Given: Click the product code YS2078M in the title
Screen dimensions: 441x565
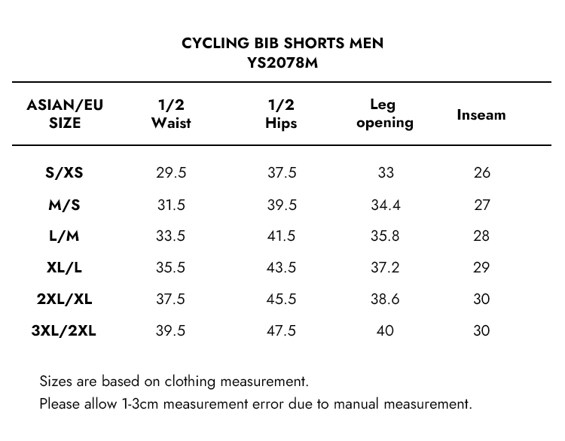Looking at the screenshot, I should pyautogui.click(x=282, y=62).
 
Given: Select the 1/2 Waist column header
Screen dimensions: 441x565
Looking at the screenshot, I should pyautogui.click(x=171, y=114).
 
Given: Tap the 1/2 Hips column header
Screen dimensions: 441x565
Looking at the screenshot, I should pyautogui.click(x=281, y=114).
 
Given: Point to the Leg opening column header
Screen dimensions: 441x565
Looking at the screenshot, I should pyautogui.click(x=384, y=114).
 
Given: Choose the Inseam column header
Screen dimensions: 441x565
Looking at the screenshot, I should pyautogui.click(x=481, y=115).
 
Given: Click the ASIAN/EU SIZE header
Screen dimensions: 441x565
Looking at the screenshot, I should pyautogui.click(x=65, y=114).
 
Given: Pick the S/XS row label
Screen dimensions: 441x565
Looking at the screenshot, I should pyautogui.click(x=64, y=173).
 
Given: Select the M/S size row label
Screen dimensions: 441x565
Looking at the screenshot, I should pyautogui.click(x=64, y=205).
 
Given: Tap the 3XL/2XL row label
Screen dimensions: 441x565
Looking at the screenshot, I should pyautogui.click(x=64, y=330).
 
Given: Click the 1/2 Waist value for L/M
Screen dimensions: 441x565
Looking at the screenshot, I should pyautogui.click(x=171, y=236).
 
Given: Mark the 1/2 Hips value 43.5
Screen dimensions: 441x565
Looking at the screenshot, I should pyautogui.click(x=282, y=268).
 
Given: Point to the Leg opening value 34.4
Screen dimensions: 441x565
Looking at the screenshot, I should pyautogui.click(x=385, y=205).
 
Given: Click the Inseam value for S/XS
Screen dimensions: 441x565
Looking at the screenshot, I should pyautogui.click(x=482, y=173).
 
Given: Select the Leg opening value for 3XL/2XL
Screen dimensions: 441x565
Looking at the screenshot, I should pyautogui.click(x=385, y=330).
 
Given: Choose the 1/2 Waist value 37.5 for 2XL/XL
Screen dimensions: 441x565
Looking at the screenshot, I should pyautogui.click(x=171, y=299).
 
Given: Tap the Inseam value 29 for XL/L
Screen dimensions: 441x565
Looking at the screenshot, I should pyautogui.click(x=482, y=268).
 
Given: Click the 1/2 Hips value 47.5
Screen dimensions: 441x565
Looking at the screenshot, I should pyautogui.click(x=282, y=330).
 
